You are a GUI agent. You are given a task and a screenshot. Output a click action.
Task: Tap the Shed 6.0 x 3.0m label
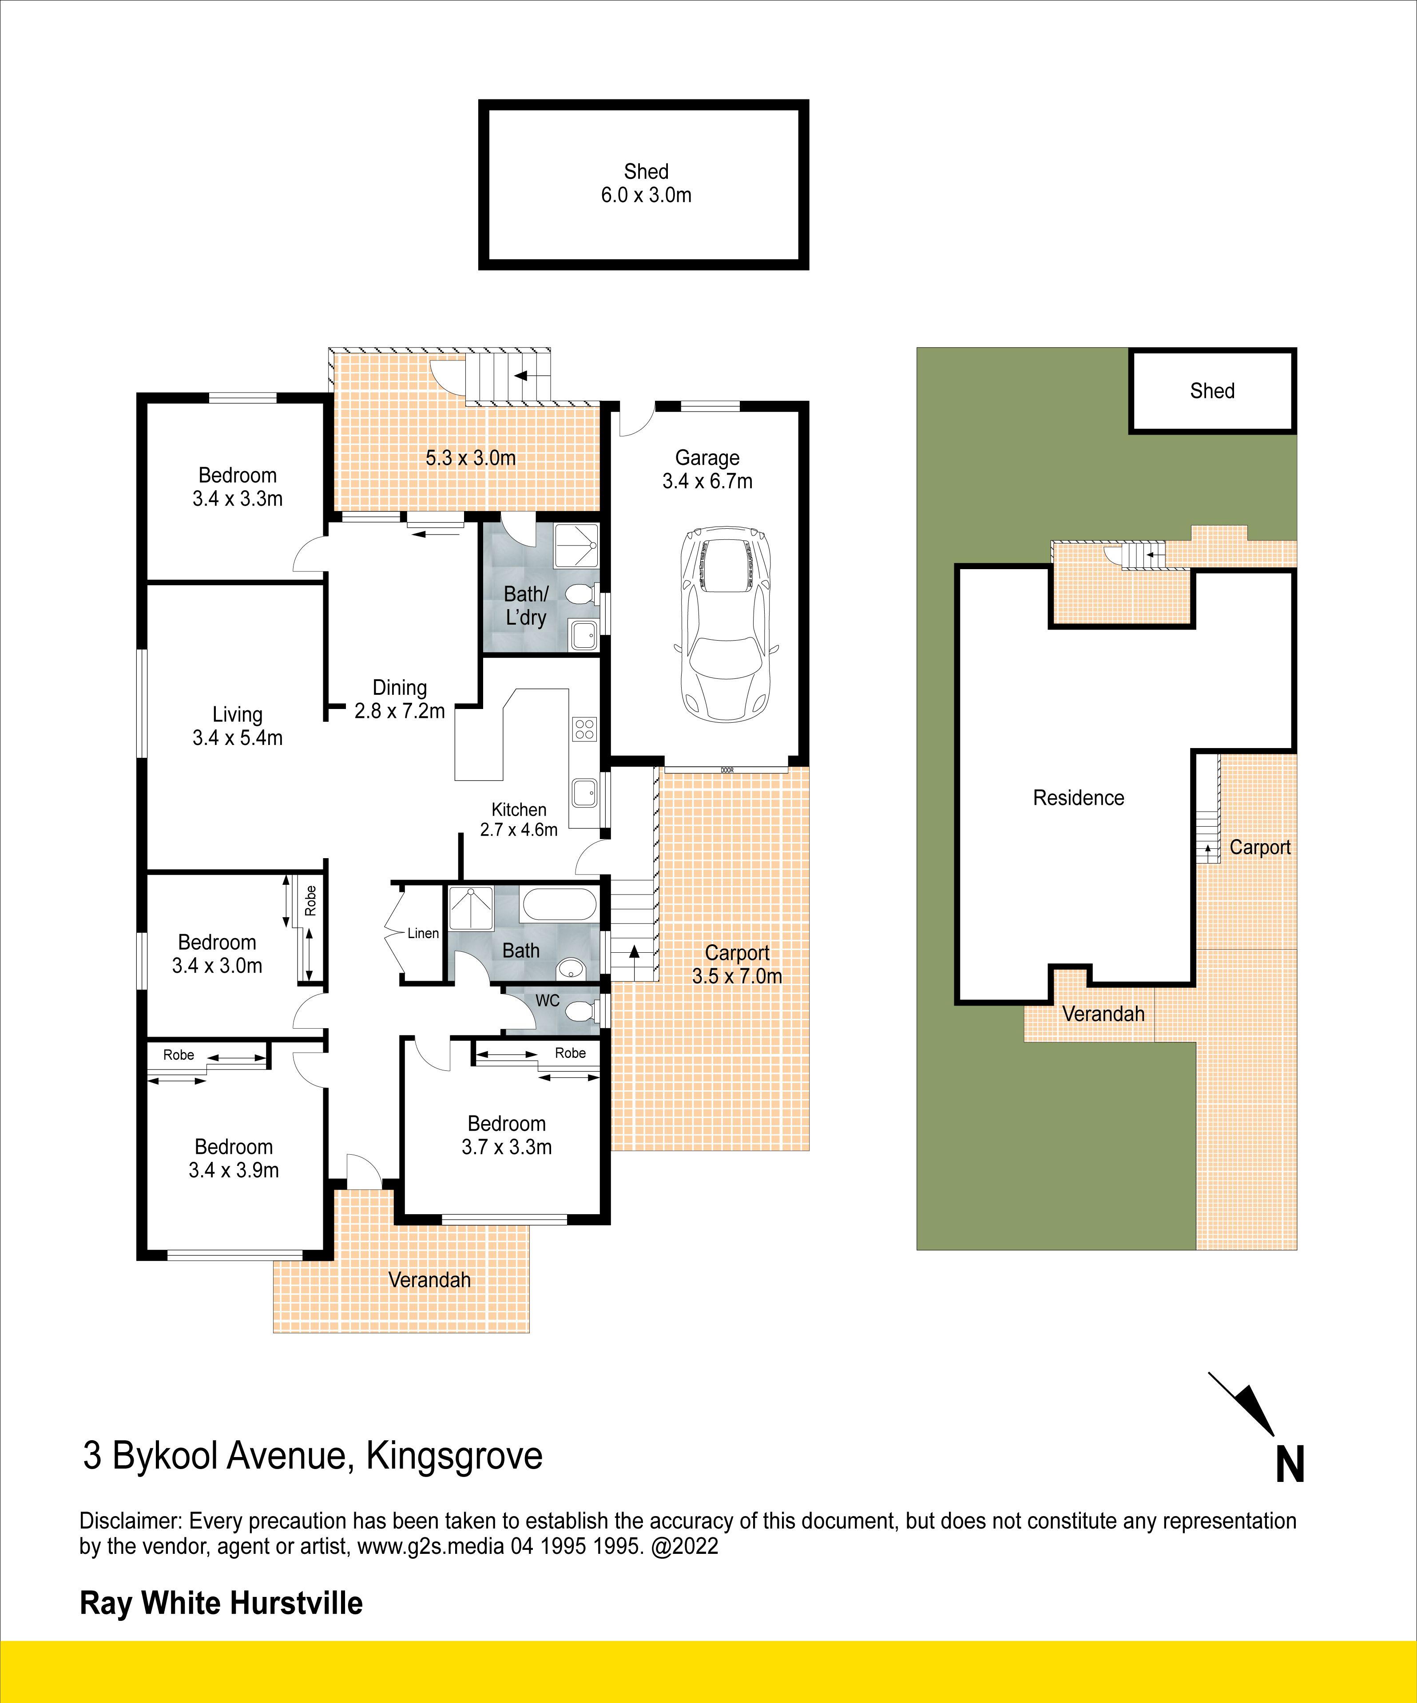point(647,183)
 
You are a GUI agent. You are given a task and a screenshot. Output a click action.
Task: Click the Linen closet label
point(423,933)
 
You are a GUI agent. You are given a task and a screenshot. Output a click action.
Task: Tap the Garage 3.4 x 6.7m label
point(707,470)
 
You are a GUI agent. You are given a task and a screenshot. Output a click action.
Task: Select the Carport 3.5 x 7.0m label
point(737,964)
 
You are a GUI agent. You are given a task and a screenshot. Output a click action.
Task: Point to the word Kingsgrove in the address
point(454,1456)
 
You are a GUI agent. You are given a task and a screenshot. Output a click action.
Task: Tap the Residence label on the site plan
point(1079,798)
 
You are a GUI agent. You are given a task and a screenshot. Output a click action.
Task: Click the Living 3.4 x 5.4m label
point(238,726)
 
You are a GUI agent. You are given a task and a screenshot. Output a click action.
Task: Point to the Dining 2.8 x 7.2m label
point(400,699)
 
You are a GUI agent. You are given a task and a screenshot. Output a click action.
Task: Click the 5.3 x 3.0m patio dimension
point(470,458)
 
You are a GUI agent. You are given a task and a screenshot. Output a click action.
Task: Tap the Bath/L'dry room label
point(526,606)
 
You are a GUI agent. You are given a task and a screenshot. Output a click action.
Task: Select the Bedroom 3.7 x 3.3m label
point(507,1135)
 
